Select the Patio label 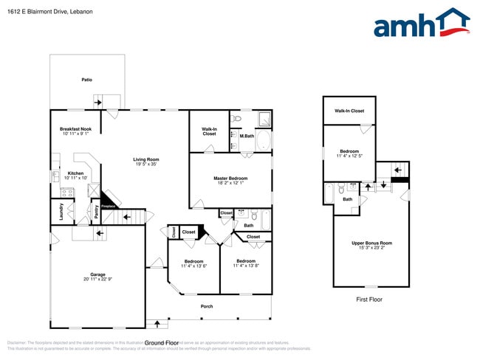click(86, 79)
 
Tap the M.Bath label click(247, 135)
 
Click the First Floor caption click(368, 300)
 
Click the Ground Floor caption click(162, 343)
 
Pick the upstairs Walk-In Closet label click(349, 111)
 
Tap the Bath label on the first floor click(346, 198)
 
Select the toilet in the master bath click(236, 118)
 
